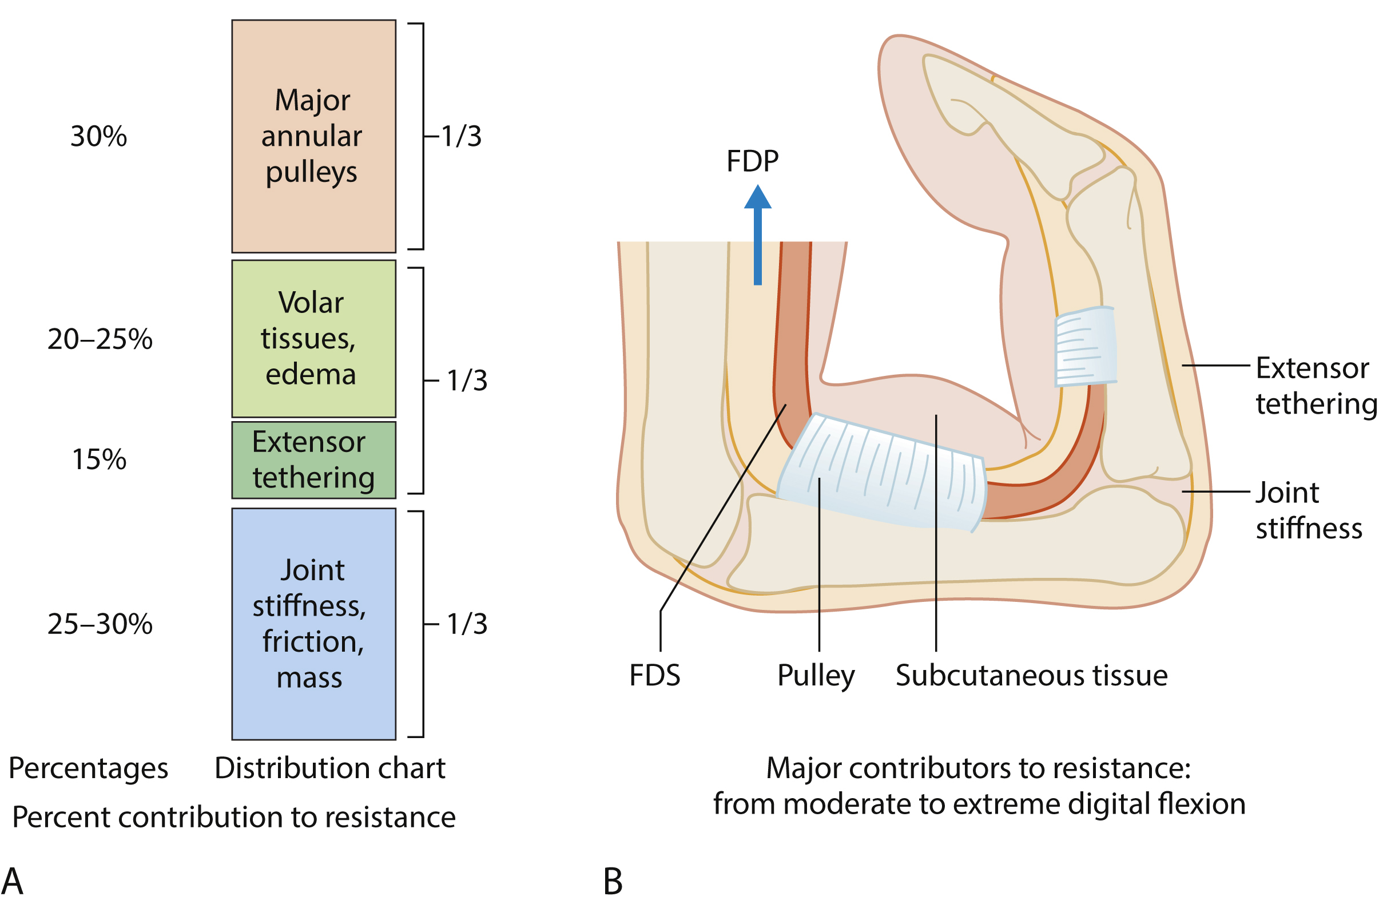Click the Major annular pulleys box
click(313, 136)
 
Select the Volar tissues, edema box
click(313, 338)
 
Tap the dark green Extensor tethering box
click(313, 459)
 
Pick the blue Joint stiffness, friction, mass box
click(313, 624)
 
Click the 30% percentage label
click(98, 137)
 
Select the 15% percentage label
click(98, 460)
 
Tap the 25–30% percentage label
click(100, 625)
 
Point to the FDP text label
click(752, 161)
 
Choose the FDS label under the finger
click(655, 676)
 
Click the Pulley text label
click(816, 676)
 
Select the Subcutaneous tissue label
click(1031, 676)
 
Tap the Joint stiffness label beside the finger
click(1308, 510)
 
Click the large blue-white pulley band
click(881, 472)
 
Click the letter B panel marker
click(613, 882)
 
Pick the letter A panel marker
click(13, 882)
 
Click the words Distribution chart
click(329, 768)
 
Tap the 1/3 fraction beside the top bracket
click(461, 137)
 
